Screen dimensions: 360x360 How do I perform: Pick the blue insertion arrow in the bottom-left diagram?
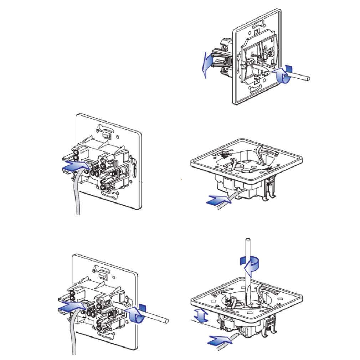coord(71,306)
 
